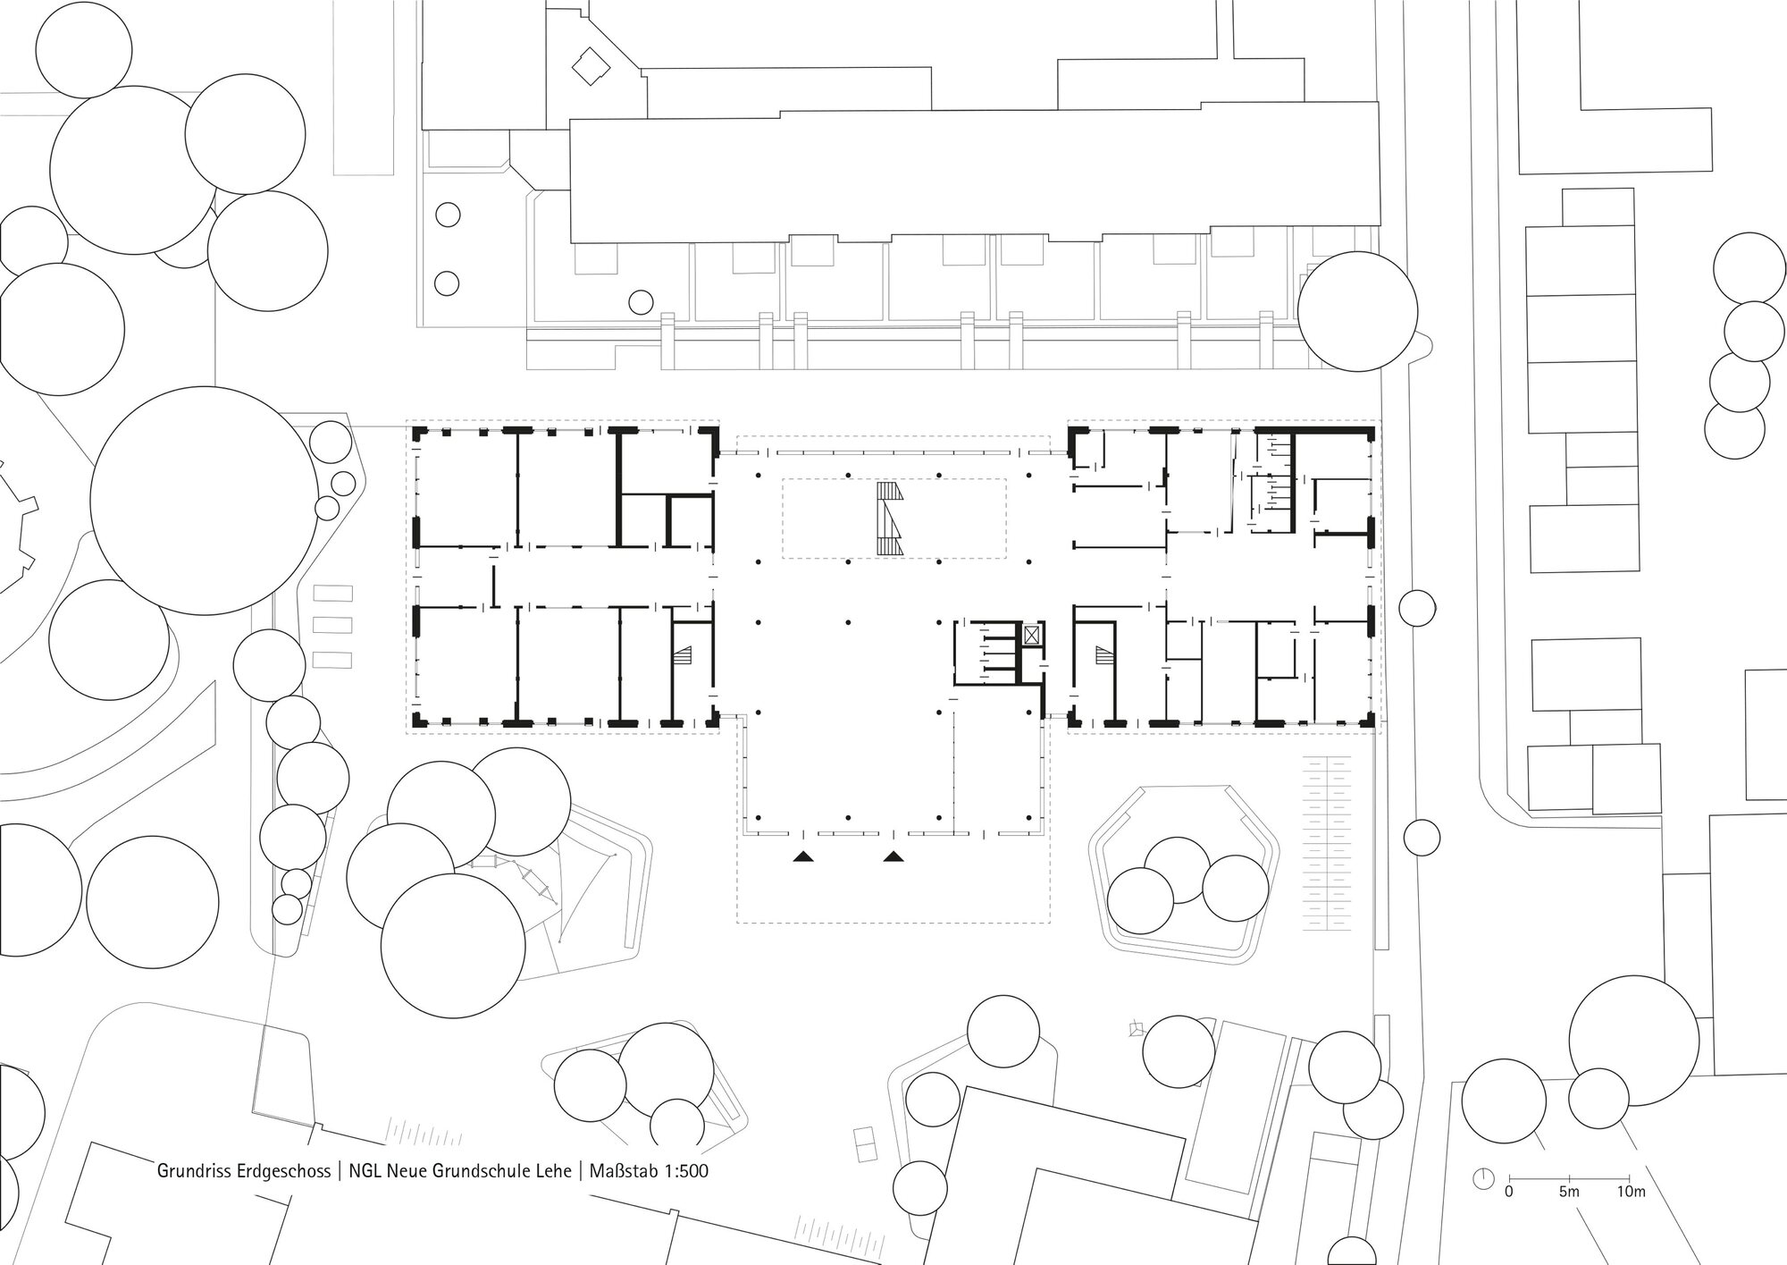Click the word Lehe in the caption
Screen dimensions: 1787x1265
point(552,1170)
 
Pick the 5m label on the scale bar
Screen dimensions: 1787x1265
point(1569,1192)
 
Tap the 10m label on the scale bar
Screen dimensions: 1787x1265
point(1632,1192)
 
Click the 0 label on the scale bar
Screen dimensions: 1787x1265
point(1509,1192)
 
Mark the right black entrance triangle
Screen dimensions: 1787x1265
point(893,856)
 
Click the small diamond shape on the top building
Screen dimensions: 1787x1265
point(590,65)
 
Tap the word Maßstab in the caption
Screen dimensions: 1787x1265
point(625,1170)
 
